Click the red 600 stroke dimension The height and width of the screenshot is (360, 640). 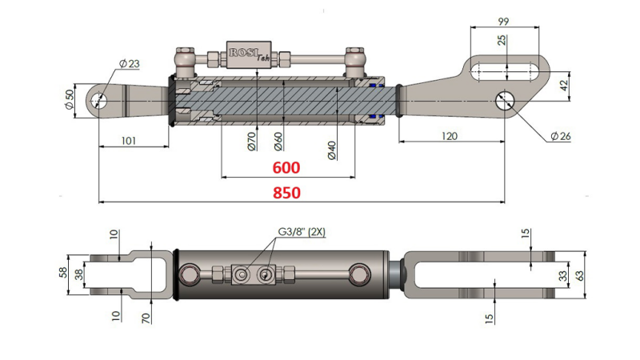[286, 168]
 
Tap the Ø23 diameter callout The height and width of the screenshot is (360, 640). [129, 64]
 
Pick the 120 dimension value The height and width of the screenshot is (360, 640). [449, 136]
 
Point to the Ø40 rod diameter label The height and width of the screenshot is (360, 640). [331, 148]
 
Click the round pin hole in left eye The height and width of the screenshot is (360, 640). [99, 101]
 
